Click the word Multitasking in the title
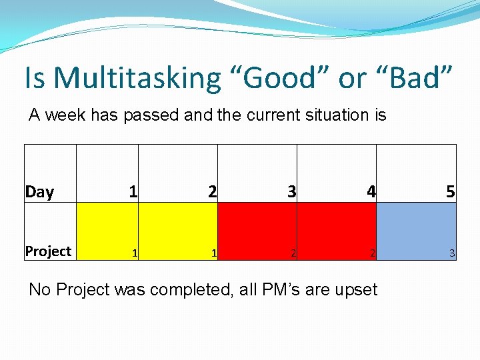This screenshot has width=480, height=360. pos(137,78)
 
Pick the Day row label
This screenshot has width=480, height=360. pos(39,192)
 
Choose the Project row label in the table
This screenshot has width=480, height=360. pos(48,251)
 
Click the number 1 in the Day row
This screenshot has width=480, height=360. pos(133,192)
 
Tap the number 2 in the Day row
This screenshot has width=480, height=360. pos(212,192)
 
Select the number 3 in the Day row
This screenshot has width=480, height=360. pos(291,192)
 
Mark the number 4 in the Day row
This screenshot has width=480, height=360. pos(371,192)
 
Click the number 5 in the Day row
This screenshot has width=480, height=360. pos(451,192)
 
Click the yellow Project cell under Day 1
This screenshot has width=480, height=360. pos(107,231)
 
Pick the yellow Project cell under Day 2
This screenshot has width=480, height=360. pos(178,231)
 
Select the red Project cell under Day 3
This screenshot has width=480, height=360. pos(257,231)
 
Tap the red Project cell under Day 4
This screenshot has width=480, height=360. pos(337,231)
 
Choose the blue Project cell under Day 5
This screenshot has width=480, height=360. pos(417,231)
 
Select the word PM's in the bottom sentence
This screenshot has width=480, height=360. pos(277,289)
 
